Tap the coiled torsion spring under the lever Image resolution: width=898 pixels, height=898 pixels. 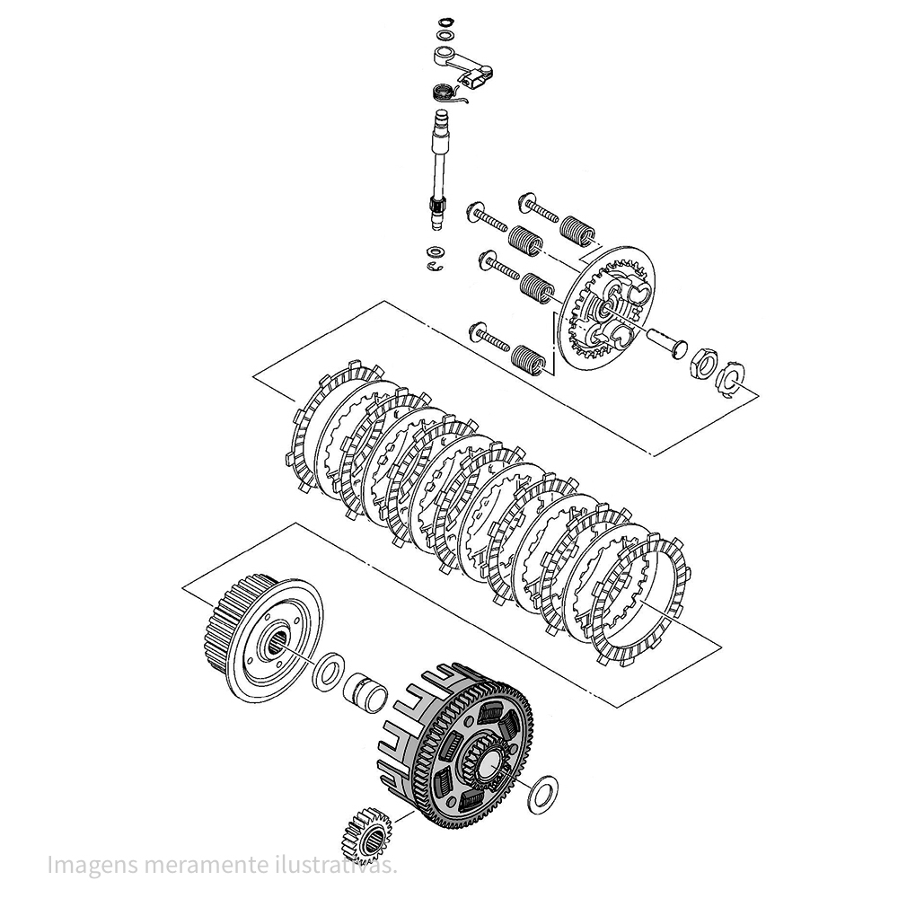(x=443, y=92)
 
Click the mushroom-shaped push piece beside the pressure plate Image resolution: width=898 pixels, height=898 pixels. (x=665, y=342)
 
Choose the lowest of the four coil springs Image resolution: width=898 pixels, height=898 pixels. (x=529, y=358)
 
